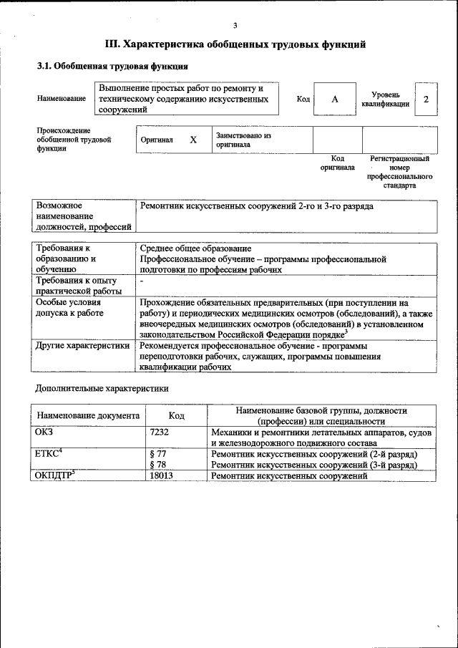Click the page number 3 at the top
click(x=234, y=25)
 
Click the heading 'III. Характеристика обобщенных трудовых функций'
click(x=235, y=44)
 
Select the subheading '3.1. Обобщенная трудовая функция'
click(x=112, y=67)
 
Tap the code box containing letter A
click(x=334, y=99)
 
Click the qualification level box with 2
click(x=427, y=99)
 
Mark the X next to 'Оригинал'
click(x=193, y=140)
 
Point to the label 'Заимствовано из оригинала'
click(x=243, y=140)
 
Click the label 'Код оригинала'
click(x=337, y=163)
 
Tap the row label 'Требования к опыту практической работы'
click(x=76, y=286)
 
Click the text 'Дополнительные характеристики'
click(x=102, y=389)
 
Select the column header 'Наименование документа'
click(x=88, y=415)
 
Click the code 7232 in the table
click(x=160, y=432)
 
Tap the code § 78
click(x=157, y=465)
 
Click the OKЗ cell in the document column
click(x=44, y=432)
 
